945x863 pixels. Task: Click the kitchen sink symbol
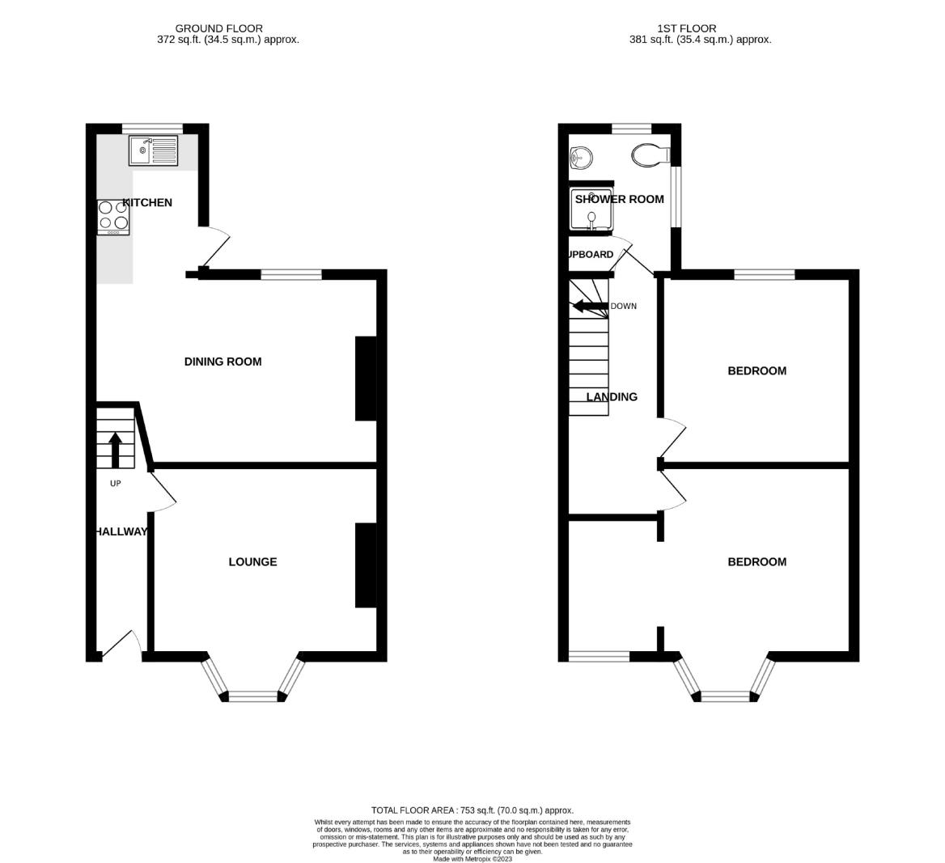[x=153, y=150]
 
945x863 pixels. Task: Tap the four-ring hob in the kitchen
[x=113, y=216]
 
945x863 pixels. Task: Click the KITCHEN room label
[x=147, y=202]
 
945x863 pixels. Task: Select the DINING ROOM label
[x=222, y=362]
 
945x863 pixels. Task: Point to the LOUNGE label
[x=252, y=561]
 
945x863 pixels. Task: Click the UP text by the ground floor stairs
[x=115, y=484]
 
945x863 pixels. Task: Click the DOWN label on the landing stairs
[x=623, y=307]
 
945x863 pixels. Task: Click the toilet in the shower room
[x=650, y=154]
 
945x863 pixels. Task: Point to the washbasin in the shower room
[x=579, y=157]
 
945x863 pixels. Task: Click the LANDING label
[x=612, y=397]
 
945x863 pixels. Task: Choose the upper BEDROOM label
[x=756, y=371]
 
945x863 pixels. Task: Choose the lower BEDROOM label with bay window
[x=756, y=561]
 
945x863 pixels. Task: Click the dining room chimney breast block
[x=366, y=379]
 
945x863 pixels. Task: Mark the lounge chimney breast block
[x=366, y=565]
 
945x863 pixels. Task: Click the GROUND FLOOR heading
[x=218, y=28]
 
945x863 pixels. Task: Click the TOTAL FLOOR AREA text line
[x=472, y=810]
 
